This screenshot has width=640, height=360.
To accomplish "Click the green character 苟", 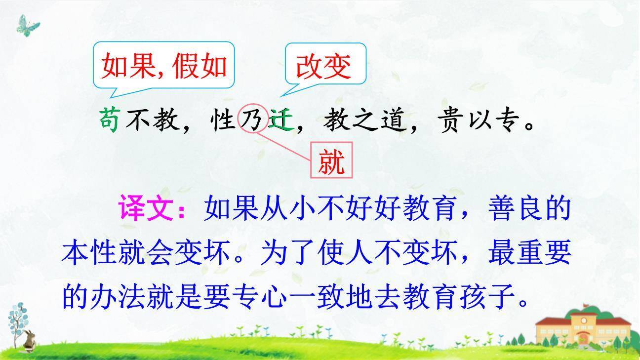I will tap(109, 120).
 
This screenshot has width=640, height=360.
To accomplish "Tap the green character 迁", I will tap(280, 120).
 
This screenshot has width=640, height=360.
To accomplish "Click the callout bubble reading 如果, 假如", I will tap(163, 66).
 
